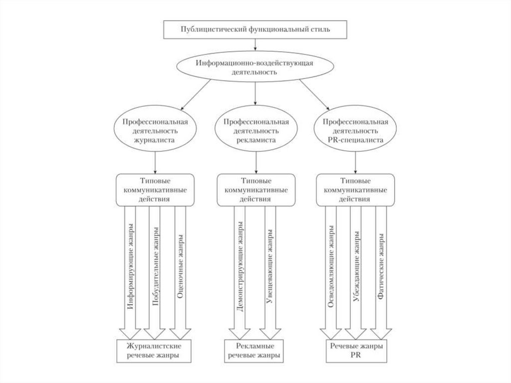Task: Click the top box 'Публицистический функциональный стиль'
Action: [x=255, y=30]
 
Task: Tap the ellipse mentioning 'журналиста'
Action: [x=155, y=131]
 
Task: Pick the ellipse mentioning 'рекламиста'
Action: [x=256, y=131]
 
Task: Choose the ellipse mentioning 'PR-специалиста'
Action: [x=355, y=131]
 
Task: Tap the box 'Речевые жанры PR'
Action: [x=355, y=351]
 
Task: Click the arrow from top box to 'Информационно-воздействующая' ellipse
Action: [x=255, y=44]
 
